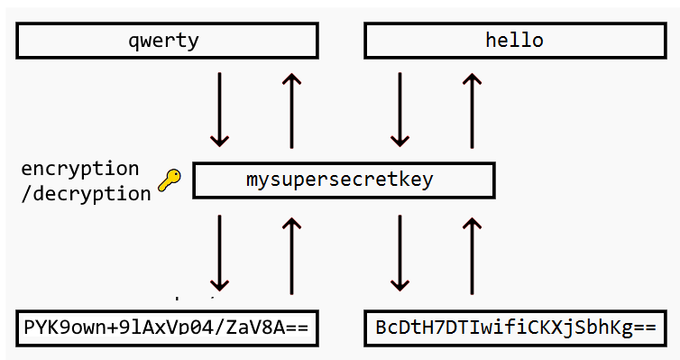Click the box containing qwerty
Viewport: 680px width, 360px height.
(167, 41)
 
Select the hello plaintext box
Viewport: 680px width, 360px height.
(514, 41)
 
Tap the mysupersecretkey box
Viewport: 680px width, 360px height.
(344, 180)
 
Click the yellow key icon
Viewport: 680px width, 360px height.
(169, 180)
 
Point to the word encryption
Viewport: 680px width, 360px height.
(80, 169)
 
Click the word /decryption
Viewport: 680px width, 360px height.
(86, 193)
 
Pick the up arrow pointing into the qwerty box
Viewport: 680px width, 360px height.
(290, 110)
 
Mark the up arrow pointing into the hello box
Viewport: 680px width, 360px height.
(470, 110)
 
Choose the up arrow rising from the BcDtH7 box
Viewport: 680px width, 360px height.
(470, 254)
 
